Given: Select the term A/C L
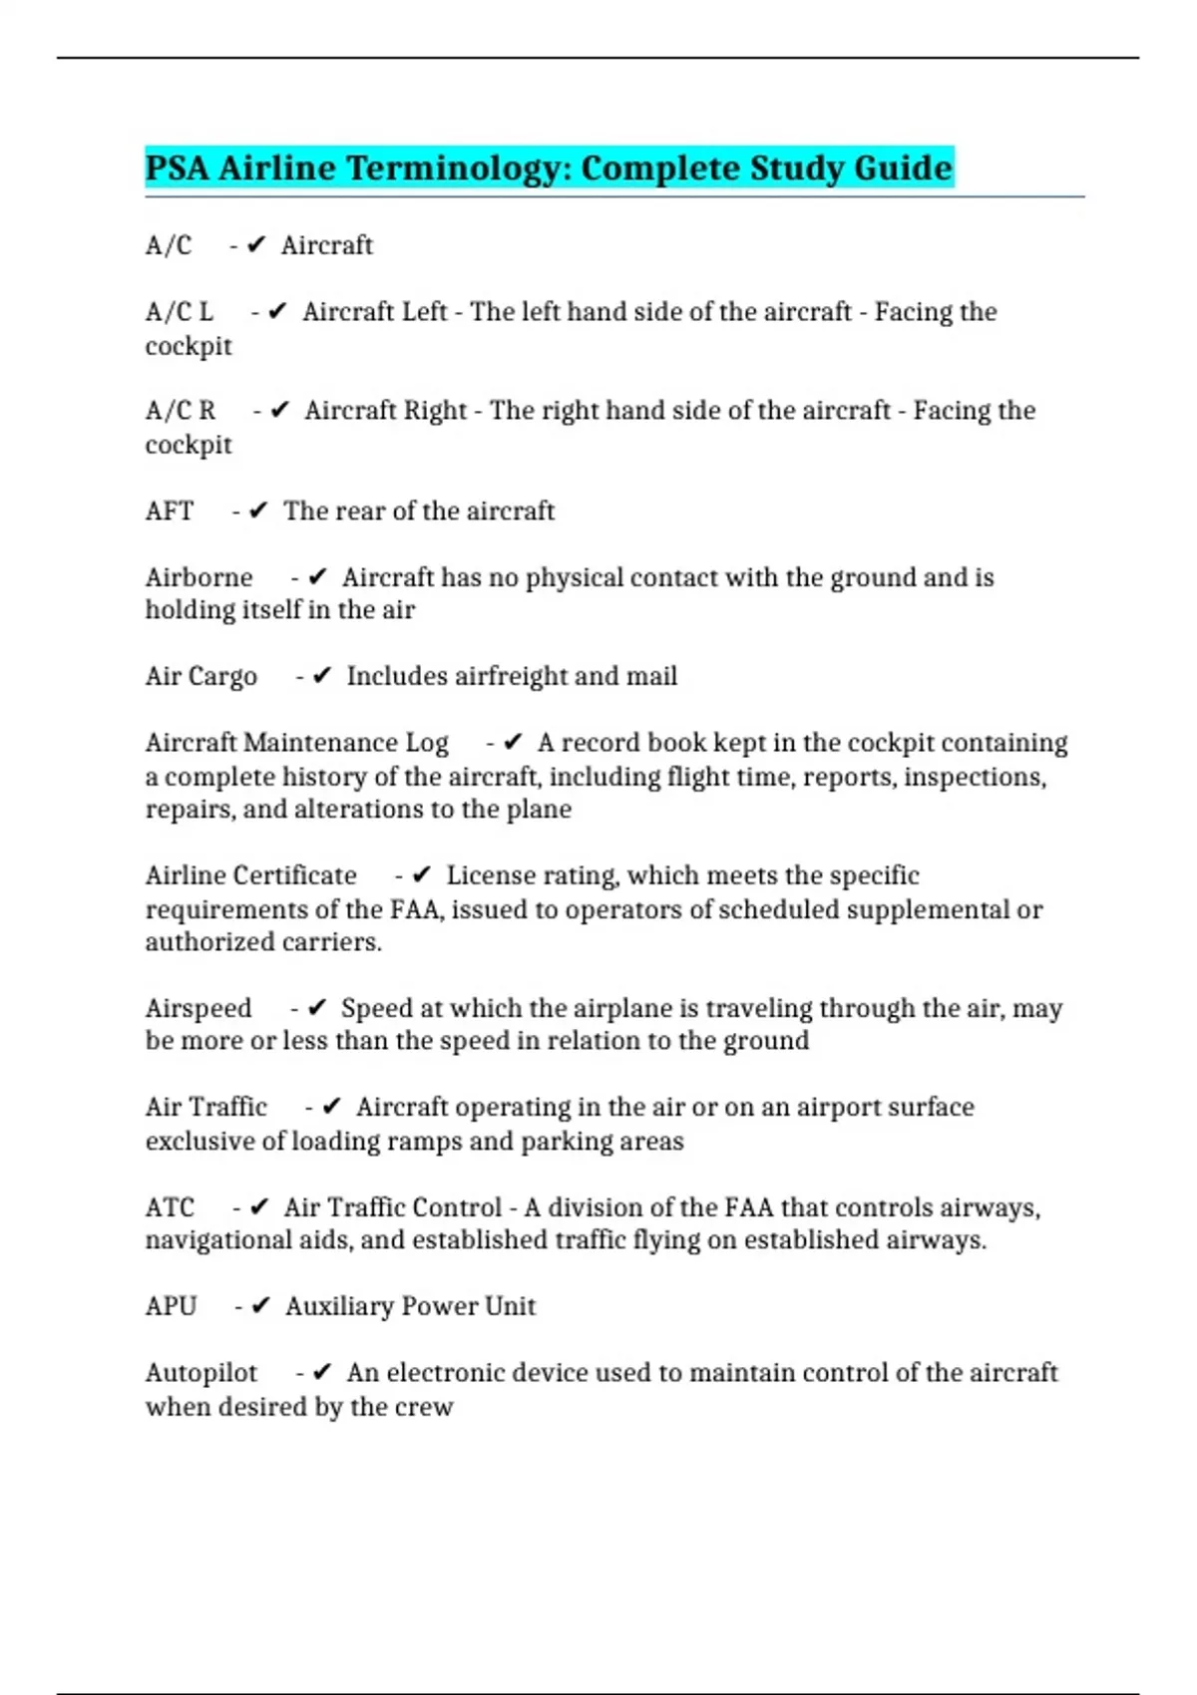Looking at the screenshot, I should (x=179, y=312).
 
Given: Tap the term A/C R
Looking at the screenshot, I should (x=180, y=411).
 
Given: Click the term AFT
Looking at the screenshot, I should (x=169, y=510).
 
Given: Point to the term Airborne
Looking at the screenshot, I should (x=199, y=577).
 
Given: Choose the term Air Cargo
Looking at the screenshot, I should (x=200, y=676).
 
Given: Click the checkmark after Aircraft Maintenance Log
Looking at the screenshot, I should (x=513, y=743).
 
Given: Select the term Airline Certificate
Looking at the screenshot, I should (x=250, y=875).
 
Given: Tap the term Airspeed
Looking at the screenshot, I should (x=198, y=1008).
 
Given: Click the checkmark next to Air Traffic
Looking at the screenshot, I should (x=332, y=1107).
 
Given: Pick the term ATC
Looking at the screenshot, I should (x=169, y=1207).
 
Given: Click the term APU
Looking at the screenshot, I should (x=171, y=1306).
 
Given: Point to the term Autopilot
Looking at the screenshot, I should (x=200, y=1373).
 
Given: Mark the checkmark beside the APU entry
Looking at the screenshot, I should (x=260, y=1306).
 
